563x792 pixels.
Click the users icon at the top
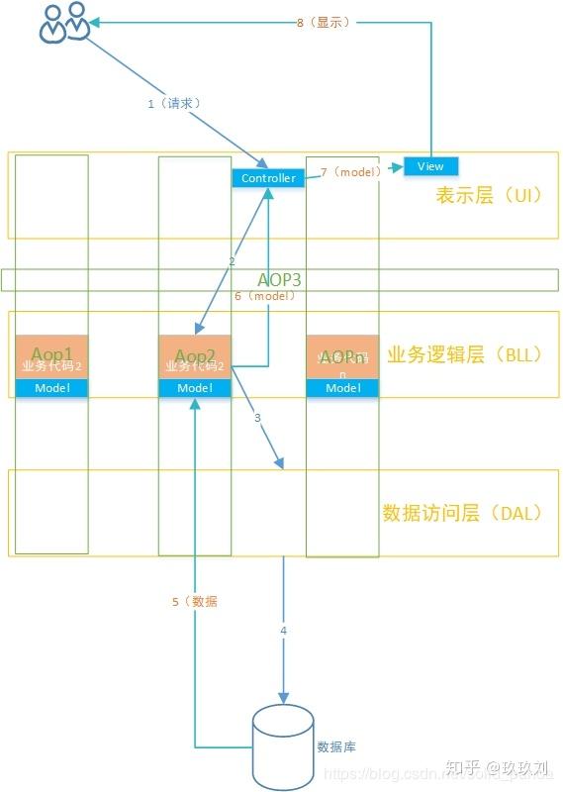point(65,24)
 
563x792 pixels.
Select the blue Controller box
point(268,178)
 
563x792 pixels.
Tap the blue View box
point(430,165)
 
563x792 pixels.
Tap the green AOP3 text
point(279,279)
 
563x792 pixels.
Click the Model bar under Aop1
point(51,388)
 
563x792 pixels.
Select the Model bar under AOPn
point(342,388)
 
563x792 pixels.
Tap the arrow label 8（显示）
point(323,22)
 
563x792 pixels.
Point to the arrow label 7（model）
point(350,172)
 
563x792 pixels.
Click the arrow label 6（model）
point(264,296)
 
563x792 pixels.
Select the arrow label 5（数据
point(194,601)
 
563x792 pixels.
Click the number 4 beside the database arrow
point(284,631)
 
